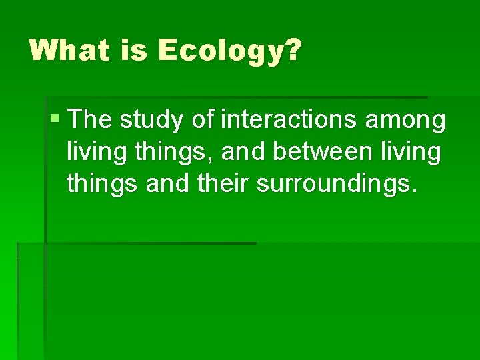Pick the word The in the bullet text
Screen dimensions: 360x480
pos(91,120)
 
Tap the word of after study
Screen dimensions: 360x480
pos(205,120)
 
